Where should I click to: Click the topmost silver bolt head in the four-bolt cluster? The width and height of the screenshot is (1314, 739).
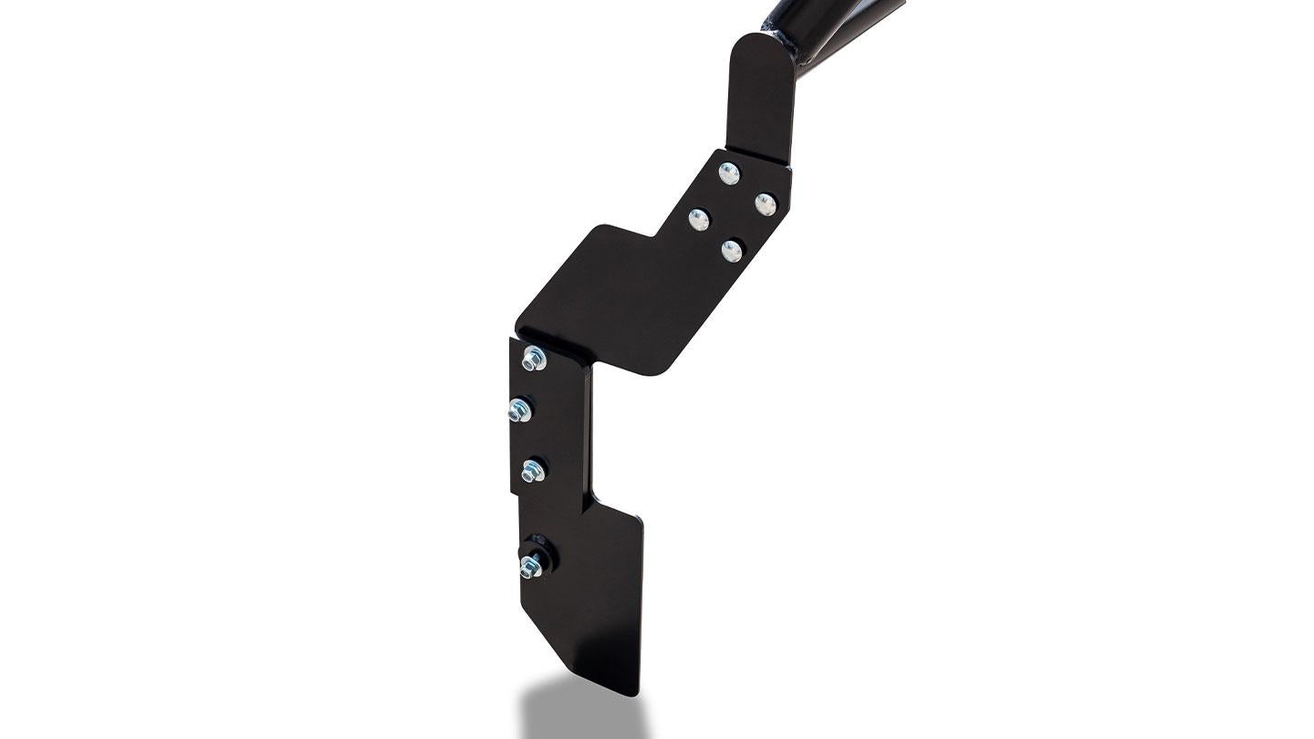[728, 172]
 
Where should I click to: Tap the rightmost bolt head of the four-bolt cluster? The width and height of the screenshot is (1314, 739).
[765, 203]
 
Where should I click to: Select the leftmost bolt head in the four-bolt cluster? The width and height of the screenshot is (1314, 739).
[699, 219]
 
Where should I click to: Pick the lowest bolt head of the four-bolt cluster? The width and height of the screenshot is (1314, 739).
[731, 249]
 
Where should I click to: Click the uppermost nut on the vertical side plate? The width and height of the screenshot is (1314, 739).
[533, 359]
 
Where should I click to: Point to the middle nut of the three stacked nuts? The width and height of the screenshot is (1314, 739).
[520, 411]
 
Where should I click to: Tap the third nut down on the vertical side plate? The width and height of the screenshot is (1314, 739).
[532, 472]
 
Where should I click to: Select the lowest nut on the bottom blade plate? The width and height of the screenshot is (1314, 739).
[529, 568]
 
